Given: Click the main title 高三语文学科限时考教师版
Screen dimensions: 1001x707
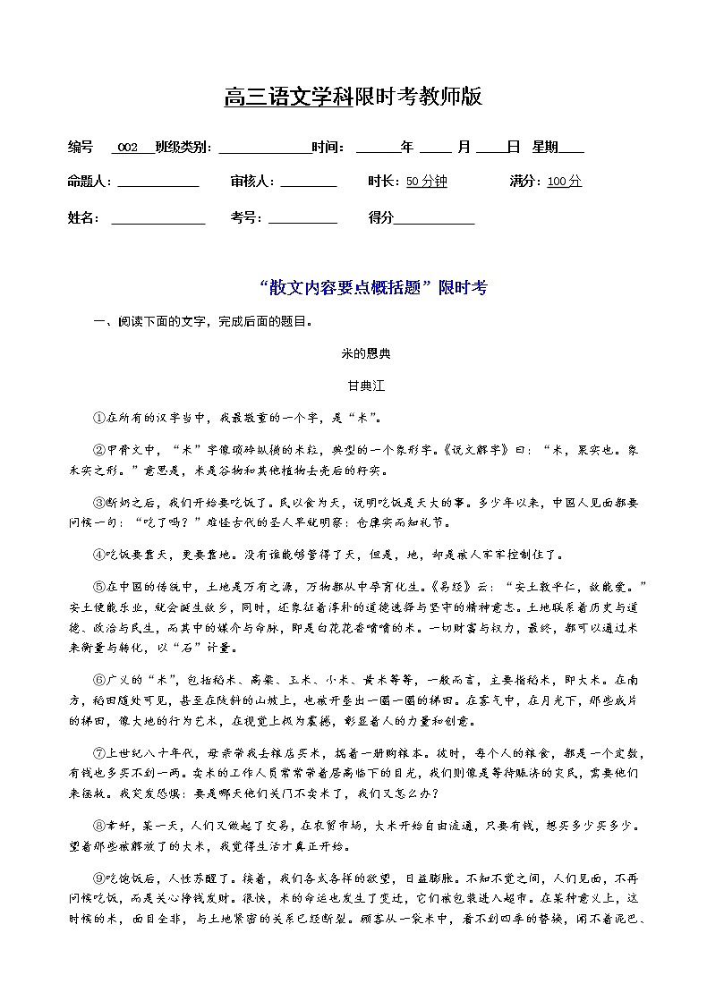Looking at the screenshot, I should click(353, 97).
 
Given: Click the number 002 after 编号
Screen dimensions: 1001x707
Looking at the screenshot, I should click(128, 147).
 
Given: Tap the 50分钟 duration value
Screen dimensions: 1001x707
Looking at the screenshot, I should click(426, 182).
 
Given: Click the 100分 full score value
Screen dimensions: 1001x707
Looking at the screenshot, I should click(564, 182).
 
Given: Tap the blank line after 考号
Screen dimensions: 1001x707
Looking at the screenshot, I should click(302, 220).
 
